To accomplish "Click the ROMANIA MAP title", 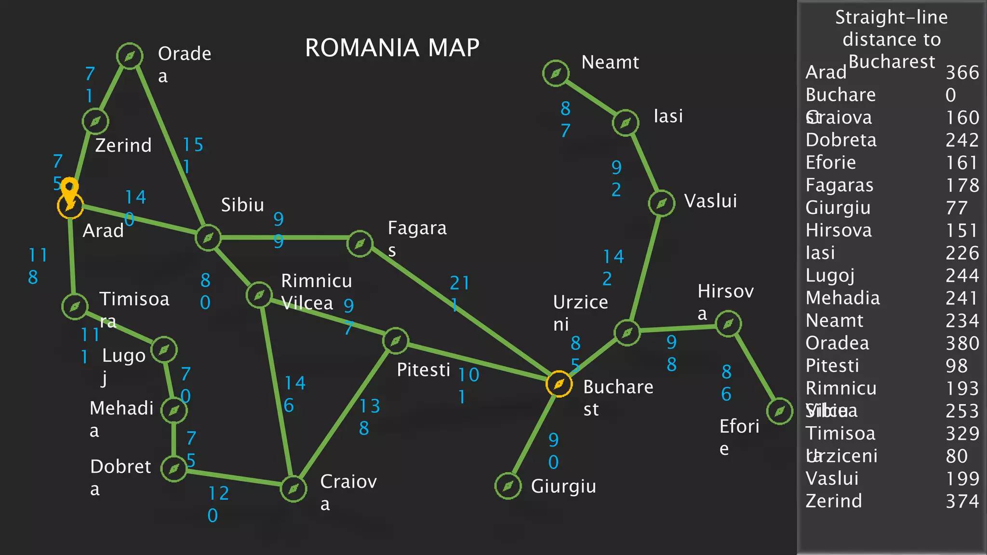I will tap(392, 48).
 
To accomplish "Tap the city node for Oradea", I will tap(130, 56).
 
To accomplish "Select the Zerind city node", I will tap(95, 121).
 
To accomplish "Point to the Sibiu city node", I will tap(208, 238).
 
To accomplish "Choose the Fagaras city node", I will tap(360, 244).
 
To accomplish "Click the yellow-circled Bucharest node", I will tap(559, 384).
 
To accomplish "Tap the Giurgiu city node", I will tap(508, 486).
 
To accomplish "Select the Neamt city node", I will tap(556, 73).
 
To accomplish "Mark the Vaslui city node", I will tap(661, 203).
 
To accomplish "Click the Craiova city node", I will tap(293, 489).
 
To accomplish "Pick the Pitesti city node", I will tap(395, 341).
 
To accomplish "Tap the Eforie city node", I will tap(779, 411).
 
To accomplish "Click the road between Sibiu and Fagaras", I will tap(289, 238).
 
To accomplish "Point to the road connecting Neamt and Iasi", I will tap(591, 97).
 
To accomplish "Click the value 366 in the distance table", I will tap(962, 73).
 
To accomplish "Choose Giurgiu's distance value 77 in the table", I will tap(956, 208).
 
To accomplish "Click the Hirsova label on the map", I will tap(725, 302).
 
